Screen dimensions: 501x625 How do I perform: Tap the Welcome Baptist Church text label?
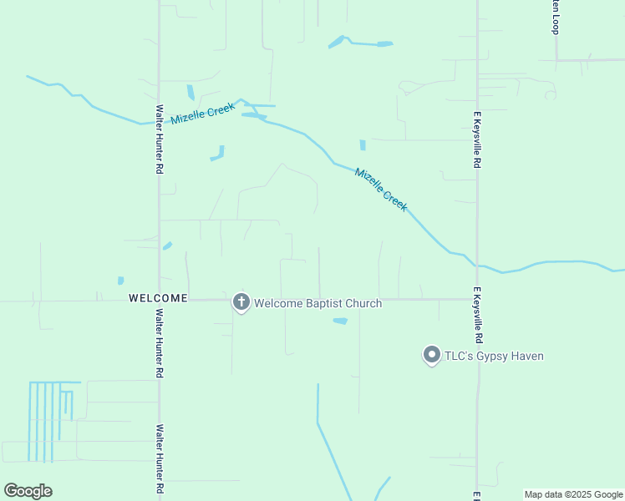point(318,303)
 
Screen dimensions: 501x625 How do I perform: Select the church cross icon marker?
point(241,302)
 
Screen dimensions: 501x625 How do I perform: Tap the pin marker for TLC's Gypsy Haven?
point(432,356)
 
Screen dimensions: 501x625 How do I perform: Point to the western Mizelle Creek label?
point(203,114)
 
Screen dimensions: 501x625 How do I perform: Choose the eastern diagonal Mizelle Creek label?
point(381,190)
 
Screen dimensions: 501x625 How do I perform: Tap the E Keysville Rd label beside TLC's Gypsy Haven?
point(478,316)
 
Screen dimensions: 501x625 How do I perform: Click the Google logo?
point(28,491)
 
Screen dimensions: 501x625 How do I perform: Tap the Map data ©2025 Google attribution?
point(573,494)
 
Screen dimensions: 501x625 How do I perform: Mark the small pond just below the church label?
point(340,321)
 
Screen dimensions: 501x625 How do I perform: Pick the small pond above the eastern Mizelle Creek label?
point(363,145)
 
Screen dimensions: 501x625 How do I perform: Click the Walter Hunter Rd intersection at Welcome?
point(159,300)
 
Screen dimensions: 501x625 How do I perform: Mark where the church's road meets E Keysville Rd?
point(477,299)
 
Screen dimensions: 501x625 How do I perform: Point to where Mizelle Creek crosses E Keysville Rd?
point(477,265)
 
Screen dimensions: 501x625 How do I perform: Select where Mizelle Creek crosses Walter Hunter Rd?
point(159,122)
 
